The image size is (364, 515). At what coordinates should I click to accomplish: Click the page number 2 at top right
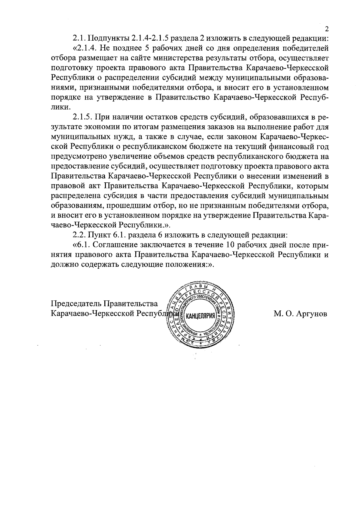point(327,29)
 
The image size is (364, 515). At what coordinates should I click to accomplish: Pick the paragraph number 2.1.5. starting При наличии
point(83,117)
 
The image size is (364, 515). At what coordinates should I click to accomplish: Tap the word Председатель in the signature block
point(77,304)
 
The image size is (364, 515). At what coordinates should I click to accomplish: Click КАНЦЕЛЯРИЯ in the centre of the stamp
point(200,317)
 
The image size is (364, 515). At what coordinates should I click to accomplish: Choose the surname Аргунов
point(312,314)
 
